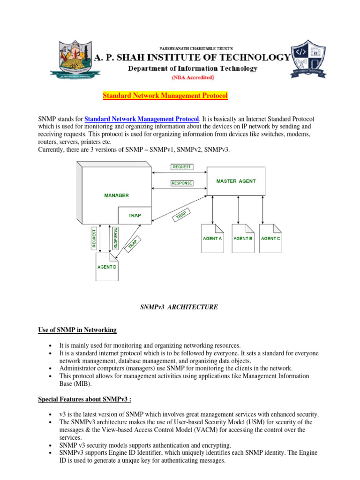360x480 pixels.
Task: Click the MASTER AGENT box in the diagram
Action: pyautogui.click(x=236, y=181)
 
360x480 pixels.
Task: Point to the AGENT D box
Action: pyautogui.click(x=107, y=267)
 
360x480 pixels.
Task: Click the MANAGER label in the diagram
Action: pyautogui.click(x=116, y=195)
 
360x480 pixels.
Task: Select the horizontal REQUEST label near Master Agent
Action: pyautogui.click(x=181, y=166)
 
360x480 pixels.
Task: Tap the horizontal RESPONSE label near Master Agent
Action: pyautogui.click(x=181, y=183)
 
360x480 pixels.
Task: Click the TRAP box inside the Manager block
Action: pyautogui.click(x=135, y=216)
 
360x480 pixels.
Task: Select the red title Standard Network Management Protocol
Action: pyautogui.click(x=165, y=96)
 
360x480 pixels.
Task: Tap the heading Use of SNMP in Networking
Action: pyautogui.click(x=77, y=330)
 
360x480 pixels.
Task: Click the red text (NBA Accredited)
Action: pyautogui.click(x=193, y=78)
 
